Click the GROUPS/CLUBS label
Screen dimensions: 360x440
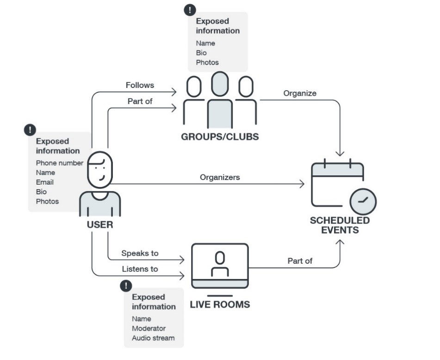point(220,137)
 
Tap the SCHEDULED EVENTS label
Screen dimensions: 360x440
point(340,225)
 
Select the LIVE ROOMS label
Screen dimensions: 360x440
point(220,304)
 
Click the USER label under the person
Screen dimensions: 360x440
point(100,225)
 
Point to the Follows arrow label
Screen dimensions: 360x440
point(140,85)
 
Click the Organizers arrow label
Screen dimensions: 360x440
point(220,177)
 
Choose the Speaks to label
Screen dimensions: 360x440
point(140,253)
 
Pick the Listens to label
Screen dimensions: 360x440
point(140,269)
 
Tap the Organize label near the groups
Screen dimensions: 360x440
point(300,93)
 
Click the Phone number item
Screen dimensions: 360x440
point(60,163)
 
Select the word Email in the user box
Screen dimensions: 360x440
point(45,182)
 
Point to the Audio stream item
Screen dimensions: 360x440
point(153,338)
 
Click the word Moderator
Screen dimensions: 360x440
point(149,328)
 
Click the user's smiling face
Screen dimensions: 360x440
point(100,170)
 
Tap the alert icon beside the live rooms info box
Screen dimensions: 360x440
point(126,286)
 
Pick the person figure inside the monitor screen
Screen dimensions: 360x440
point(220,264)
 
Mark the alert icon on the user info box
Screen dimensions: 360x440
point(30,130)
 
